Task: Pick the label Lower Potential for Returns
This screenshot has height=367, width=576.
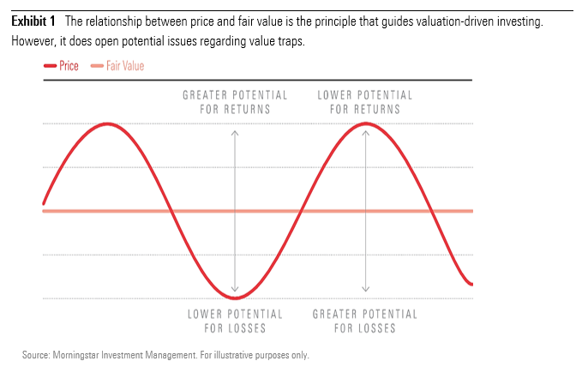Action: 365,102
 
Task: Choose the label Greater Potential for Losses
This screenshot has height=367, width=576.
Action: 365,321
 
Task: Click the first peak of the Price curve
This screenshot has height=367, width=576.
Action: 108,123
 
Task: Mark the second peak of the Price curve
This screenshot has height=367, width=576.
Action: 366,123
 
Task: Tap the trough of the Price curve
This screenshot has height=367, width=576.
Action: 235,297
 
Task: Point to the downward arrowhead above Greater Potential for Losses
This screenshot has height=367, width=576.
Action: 366,289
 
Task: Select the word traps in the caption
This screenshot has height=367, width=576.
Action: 289,42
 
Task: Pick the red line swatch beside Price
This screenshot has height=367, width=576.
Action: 49,65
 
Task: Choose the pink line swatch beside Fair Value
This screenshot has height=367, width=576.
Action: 97,65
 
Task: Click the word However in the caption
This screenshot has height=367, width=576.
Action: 30,42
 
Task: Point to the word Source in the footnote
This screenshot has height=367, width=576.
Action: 37,354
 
